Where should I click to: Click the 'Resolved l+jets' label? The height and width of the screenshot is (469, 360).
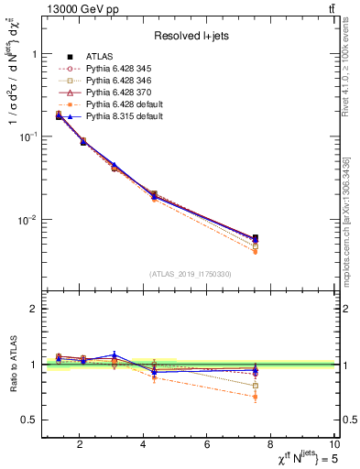point(191,36)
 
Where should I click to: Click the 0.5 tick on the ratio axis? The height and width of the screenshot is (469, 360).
point(31,420)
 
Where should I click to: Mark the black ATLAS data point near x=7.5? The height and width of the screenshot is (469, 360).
point(256,237)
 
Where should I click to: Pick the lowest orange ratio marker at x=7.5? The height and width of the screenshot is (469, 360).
point(256,397)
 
